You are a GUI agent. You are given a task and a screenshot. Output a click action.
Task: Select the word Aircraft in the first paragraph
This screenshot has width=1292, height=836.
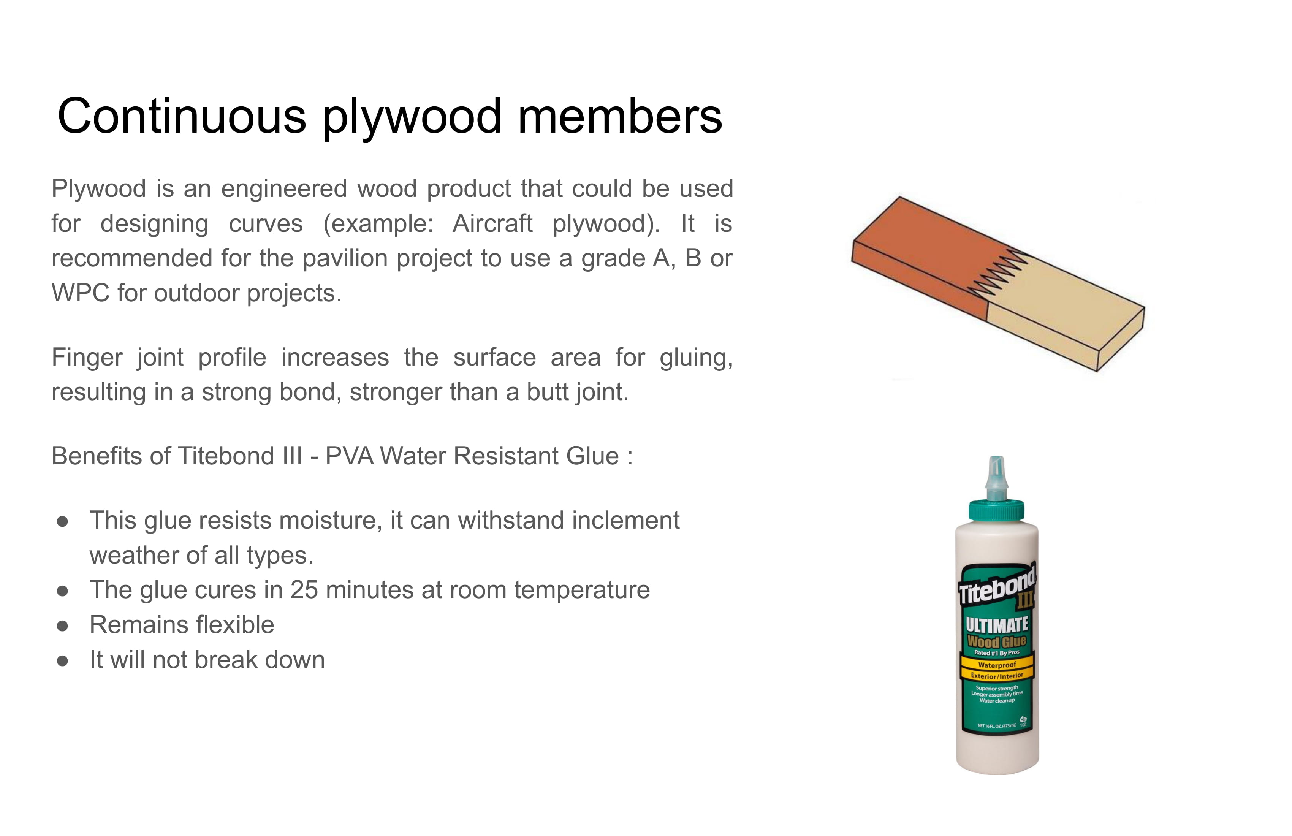[x=492, y=223]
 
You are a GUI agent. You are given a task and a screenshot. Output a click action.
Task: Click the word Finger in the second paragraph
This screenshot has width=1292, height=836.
[x=87, y=358]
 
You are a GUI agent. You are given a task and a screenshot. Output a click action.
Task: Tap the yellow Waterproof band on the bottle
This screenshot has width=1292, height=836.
[x=997, y=665]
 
